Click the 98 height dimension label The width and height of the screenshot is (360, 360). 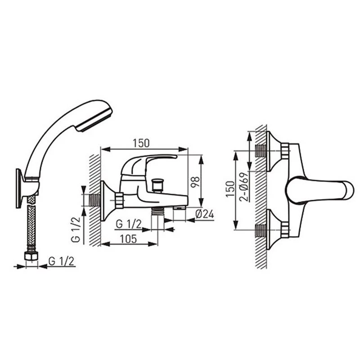[x=195, y=182]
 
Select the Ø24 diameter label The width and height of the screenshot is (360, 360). [x=205, y=214]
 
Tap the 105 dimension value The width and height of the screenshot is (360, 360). [x=128, y=239]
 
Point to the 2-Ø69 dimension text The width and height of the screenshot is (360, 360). [x=244, y=187]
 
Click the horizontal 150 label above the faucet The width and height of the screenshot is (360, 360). [x=141, y=143]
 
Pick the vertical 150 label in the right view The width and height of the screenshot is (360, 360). [x=230, y=189]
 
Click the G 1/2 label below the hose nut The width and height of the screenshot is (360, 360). [x=62, y=261]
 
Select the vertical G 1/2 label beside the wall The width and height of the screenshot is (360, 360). [x=76, y=229]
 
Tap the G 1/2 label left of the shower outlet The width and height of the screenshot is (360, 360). [x=129, y=224]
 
